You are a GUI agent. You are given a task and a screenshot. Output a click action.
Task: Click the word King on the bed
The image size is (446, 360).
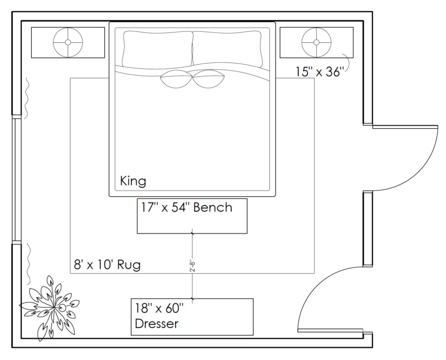click(x=133, y=181)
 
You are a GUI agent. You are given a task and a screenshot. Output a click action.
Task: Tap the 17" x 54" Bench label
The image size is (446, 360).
click(x=187, y=207)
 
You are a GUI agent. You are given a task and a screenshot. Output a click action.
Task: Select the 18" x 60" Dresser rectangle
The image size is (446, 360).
click(x=192, y=317)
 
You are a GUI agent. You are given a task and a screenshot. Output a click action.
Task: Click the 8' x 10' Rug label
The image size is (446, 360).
click(x=107, y=265)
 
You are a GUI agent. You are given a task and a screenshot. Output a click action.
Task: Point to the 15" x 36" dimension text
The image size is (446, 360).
click(x=318, y=72)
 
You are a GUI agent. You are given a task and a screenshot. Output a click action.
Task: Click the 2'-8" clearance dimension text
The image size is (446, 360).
click(x=192, y=266)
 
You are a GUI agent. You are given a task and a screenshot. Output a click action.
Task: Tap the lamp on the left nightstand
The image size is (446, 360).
click(x=68, y=42)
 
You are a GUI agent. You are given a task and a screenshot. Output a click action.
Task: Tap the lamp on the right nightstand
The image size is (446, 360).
click(x=316, y=42)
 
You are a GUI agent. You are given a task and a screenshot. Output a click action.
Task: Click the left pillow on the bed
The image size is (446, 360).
click(x=158, y=49)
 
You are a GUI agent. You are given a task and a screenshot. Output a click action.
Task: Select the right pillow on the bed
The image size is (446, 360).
click(x=227, y=48)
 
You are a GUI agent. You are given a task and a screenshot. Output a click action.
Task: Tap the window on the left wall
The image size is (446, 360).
click(x=17, y=179)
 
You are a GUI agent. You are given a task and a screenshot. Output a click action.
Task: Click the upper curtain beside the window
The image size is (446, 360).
click(x=26, y=98)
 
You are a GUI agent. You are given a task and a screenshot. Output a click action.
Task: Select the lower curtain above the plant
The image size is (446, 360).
click(x=28, y=264)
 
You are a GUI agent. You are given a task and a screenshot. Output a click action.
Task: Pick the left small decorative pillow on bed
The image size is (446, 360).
click(x=176, y=79)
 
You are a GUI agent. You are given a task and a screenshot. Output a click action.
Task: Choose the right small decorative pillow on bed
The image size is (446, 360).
click(x=209, y=79)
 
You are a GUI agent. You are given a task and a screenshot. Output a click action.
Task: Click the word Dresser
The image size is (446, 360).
click(x=157, y=324)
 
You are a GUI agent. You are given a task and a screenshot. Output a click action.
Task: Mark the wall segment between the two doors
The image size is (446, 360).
click(x=368, y=229)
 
